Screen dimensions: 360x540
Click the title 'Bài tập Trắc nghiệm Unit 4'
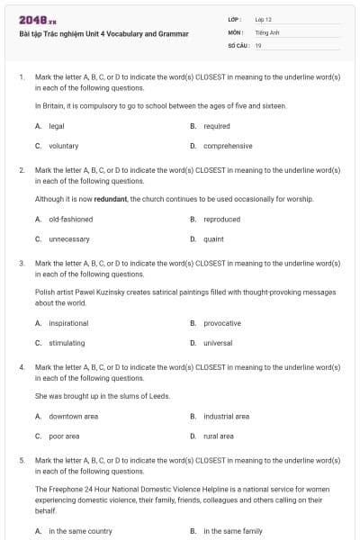click(103, 34)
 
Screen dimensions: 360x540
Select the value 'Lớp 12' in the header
click(264, 19)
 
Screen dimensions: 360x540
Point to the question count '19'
click(258, 44)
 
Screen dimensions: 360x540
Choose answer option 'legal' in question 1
click(56, 127)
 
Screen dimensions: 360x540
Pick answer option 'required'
click(217, 127)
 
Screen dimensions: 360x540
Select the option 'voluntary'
click(63, 146)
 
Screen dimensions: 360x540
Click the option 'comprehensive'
click(228, 146)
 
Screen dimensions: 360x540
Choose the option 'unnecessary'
click(69, 238)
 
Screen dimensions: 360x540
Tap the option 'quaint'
click(213, 238)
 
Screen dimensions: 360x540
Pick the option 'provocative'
click(222, 323)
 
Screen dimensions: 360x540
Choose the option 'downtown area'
click(73, 417)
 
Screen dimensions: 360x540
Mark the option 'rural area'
click(219, 436)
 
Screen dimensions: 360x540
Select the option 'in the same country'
click(80, 531)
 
